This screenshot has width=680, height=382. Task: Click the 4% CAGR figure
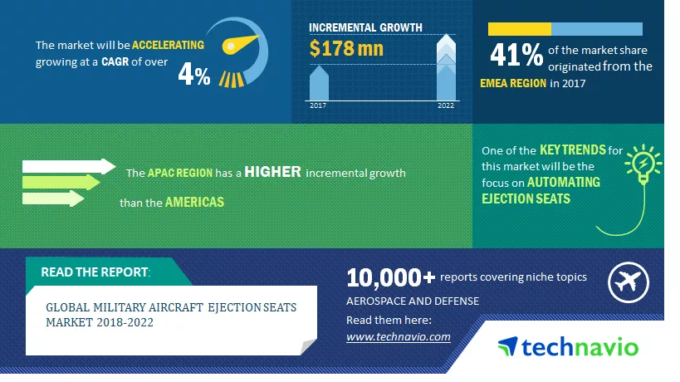tap(194, 74)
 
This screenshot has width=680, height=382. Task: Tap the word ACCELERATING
tap(168, 45)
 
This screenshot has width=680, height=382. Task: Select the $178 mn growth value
tap(346, 48)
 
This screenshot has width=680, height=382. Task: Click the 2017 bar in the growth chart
tap(319, 83)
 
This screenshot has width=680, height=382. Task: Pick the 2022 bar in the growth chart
tap(446, 67)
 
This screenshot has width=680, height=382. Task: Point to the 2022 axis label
tap(446, 105)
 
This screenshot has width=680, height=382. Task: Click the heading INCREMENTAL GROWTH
tap(365, 27)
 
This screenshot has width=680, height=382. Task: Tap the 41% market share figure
tap(516, 55)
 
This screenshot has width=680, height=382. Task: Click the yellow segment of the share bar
tap(520, 29)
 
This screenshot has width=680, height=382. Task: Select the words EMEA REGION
tap(513, 83)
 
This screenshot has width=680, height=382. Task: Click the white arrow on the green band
tap(69, 166)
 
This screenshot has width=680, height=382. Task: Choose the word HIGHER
tap(273, 172)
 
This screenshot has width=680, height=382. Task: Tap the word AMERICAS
tap(195, 202)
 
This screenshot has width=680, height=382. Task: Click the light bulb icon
tap(643, 164)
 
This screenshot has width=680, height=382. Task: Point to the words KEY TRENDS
tap(572, 150)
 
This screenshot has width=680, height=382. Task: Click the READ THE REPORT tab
tap(95, 272)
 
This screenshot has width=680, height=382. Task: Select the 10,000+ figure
tap(390, 277)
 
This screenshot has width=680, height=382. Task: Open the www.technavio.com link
tap(398, 337)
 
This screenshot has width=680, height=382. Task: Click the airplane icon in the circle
tap(628, 282)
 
